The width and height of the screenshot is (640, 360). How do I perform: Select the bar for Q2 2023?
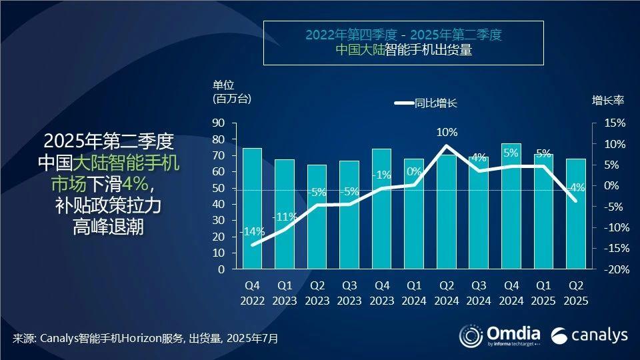pyautogui.click(x=317, y=217)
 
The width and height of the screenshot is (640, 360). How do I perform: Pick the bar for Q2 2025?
pyautogui.click(x=575, y=214)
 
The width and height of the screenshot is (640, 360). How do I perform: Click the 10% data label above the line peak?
pyautogui.click(x=446, y=132)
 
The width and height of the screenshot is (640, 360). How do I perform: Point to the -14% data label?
pyautogui.click(x=252, y=232)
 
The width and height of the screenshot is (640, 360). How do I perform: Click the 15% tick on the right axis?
pyautogui.click(x=616, y=123)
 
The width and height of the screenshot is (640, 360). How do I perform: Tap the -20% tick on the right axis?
pyautogui.click(x=613, y=269)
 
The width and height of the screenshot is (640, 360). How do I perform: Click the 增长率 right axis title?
pyautogui.click(x=607, y=101)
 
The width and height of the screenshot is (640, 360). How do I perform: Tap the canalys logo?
pyautogui.click(x=590, y=334)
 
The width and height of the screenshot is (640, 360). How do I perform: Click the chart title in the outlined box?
pyautogui.click(x=403, y=42)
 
